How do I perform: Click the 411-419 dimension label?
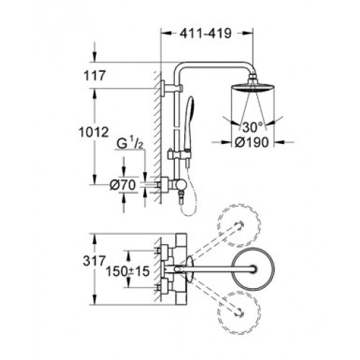(206, 33)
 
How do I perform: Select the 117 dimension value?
(94, 76)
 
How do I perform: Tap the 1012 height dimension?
(94, 132)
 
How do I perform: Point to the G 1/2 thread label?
(130, 143)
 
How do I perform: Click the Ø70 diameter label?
(122, 185)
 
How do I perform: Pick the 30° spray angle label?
(253, 127)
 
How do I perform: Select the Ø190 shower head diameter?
(251, 143)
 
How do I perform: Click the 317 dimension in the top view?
(94, 261)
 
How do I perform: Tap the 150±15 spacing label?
(127, 271)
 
